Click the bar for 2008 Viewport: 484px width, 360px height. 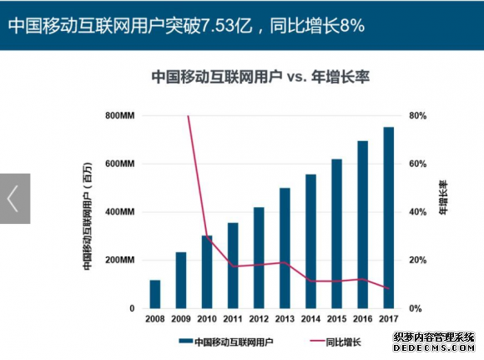pyautogui.click(x=155, y=294)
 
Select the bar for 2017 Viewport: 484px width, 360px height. pyautogui.click(x=389, y=218)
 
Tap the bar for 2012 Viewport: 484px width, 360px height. pyautogui.click(x=259, y=257)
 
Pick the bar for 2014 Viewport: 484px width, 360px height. pyautogui.click(x=311, y=241)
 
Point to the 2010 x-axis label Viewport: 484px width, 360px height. pyautogui.click(x=207, y=318)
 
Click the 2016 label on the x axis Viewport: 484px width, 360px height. pyautogui.click(x=363, y=318)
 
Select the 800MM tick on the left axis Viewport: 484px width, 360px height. pyautogui.click(x=120, y=115)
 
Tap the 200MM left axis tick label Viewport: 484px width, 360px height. pyautogui.click(x=120, y=261)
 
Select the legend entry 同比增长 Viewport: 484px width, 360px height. pyautogui.click(x=342, y=342)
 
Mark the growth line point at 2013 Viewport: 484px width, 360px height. pyautogui.click(x=285, y=262)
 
